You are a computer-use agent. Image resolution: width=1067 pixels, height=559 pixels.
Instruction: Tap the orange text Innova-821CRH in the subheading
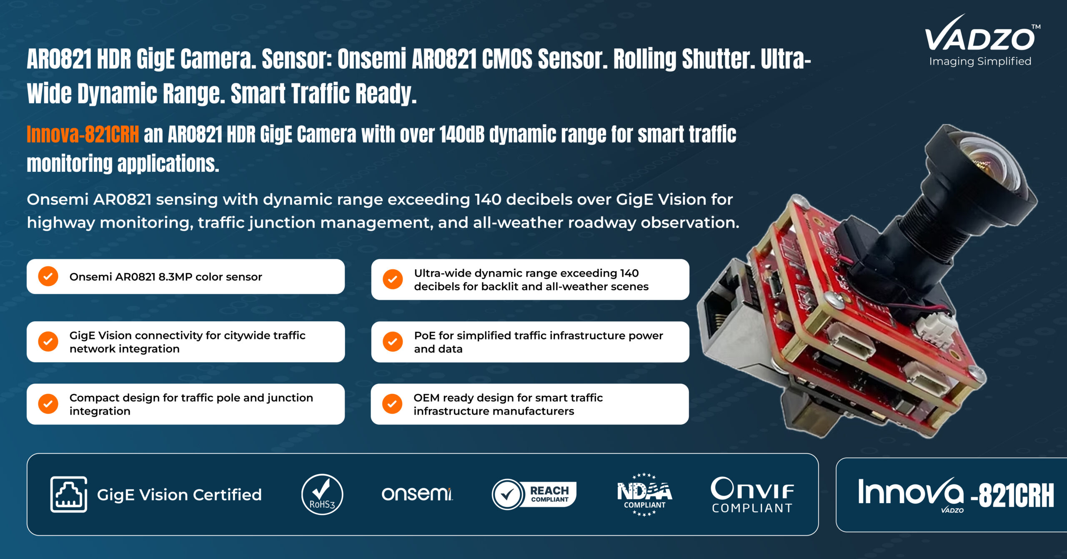pyautogui.click(x=83, y=135)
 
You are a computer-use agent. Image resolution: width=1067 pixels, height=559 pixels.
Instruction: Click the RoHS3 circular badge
pyautogui.click(x=322, y=494)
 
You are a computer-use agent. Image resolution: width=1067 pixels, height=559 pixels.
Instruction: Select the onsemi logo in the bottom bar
pyautogui.click(x=417, y=494)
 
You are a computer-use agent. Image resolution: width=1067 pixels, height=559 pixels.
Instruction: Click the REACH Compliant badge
pyautogui.click(x=534, y=494)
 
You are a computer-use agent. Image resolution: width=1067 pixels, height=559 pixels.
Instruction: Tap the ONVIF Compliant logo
pyautogui.click(x=752, y=495)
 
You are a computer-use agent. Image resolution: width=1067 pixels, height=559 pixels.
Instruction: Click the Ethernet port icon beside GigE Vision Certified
pyautogui.click(x=69, y=494)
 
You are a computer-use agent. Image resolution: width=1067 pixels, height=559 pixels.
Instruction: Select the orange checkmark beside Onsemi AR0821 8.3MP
pyautogui.click(x=48, y=276)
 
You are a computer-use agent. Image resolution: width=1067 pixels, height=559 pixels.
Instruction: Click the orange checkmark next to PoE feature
pyautogui.click(x=393, y=342)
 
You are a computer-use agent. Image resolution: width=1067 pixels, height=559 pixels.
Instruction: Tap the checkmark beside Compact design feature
pyautogui.click(x=48, y=404)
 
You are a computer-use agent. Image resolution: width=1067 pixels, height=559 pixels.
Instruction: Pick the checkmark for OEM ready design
pyautogui.click(x=392, y=404)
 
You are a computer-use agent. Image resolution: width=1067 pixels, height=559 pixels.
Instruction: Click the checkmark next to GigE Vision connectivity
pyautogui.click(x=48, y=342)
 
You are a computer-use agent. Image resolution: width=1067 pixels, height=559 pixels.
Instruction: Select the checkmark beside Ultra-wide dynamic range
pyautogui.click(x=393, y=279)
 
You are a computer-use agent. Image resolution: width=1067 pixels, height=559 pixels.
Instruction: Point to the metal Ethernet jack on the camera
pyautogui.click(x=727, y=317)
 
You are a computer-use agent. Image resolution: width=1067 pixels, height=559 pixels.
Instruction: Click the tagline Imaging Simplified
pyautogui.click(x=980, y=61)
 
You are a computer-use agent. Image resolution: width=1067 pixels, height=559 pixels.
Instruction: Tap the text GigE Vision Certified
pyautogui.click(x=179, y=495)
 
